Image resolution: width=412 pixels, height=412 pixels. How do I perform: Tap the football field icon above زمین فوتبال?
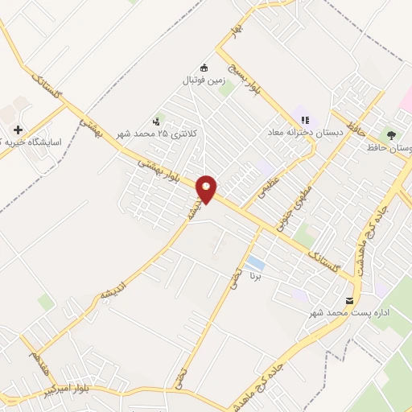click(204, 68)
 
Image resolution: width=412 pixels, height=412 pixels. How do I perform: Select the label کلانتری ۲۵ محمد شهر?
click(157, 133)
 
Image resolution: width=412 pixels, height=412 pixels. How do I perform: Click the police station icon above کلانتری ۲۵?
click(155, 120)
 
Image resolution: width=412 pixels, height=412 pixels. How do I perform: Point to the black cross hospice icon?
click(18, 130)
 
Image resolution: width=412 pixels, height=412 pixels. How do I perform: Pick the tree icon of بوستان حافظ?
click(392, 135)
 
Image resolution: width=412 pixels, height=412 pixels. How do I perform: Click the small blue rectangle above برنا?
click(256, 263)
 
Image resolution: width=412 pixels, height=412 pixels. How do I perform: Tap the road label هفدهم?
click(37, 360)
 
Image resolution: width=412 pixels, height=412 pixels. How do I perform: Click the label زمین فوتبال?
click(204, 80)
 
